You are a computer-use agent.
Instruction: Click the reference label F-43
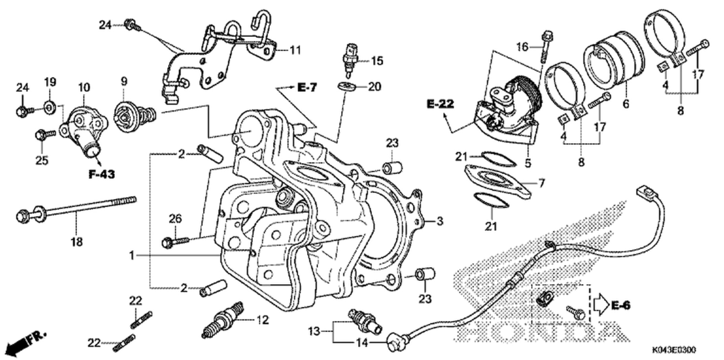tap(102, 174)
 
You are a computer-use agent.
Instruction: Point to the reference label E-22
tap(440, 104)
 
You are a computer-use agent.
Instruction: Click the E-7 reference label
tap(307, 87)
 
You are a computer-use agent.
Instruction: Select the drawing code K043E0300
tap(674, 350)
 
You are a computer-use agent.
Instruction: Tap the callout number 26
tap(175, 218)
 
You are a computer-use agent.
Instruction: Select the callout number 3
tap(439, 221)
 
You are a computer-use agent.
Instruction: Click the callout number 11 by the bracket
tap(295, 50)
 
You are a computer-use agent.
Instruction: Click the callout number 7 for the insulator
tap(542, 183)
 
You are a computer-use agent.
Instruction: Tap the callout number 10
tap(84, 87)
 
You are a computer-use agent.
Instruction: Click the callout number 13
tap(314, 331)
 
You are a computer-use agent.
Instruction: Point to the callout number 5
tap(528, 163)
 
